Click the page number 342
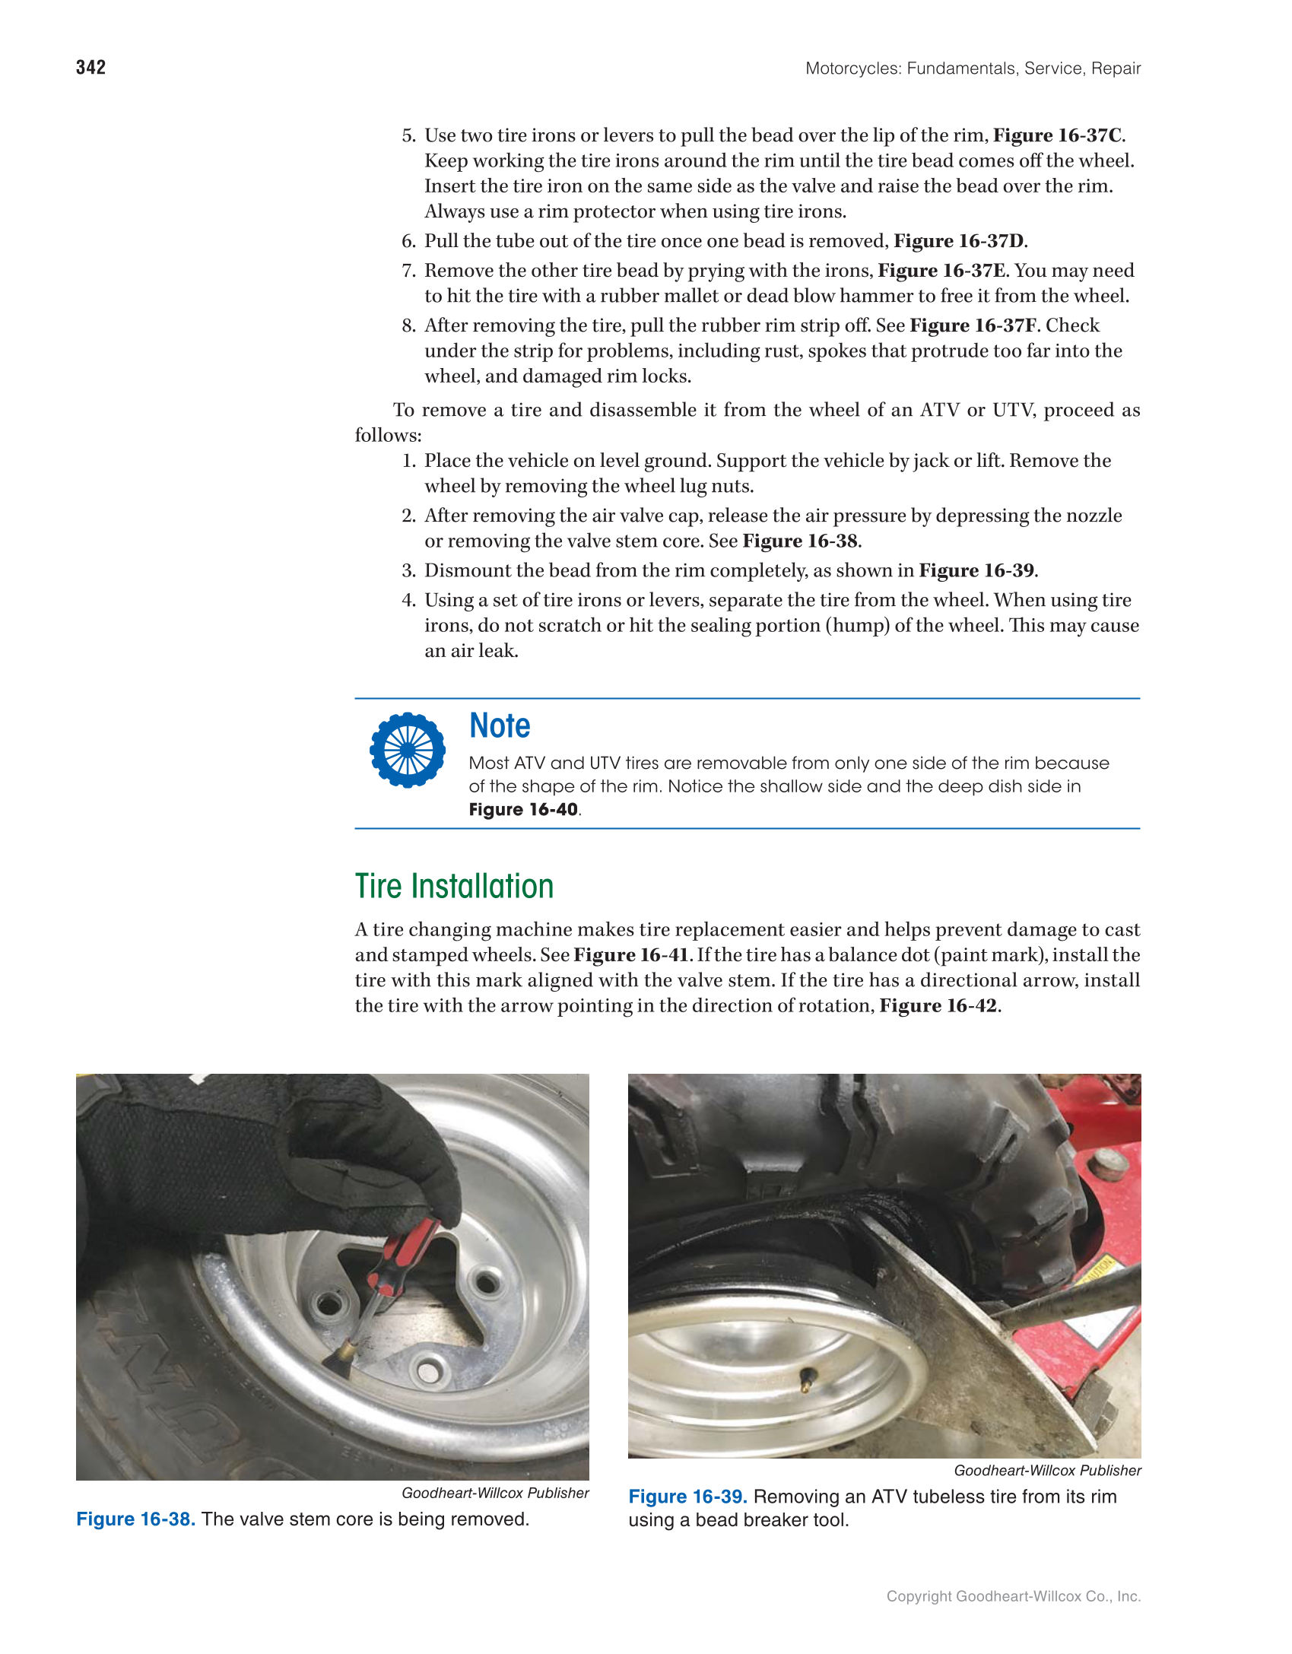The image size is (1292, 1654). coord(90,68)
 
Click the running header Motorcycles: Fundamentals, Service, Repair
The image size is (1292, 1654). coord(973,68)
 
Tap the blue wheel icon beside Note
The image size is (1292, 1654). coord(408,750)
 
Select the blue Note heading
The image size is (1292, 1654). coord(500,725)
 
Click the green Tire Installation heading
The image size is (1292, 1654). coord(454,887)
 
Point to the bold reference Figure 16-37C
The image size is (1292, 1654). coord(1057,135)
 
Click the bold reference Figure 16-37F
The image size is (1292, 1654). coord(973,325)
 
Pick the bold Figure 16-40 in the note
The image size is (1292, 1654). coord(523,810)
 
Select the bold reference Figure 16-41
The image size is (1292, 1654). coord(630,955)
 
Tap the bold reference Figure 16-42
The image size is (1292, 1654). coord(938,1006)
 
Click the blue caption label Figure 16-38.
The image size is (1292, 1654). coord(136,1519)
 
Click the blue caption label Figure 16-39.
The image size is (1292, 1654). coord(687,1497)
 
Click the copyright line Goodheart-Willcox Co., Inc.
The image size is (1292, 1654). coord(1013,1596)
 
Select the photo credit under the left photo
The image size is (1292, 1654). coord(495,1493)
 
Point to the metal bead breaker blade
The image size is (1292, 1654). coord(989,1354)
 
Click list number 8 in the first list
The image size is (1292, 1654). coord(408,325)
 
